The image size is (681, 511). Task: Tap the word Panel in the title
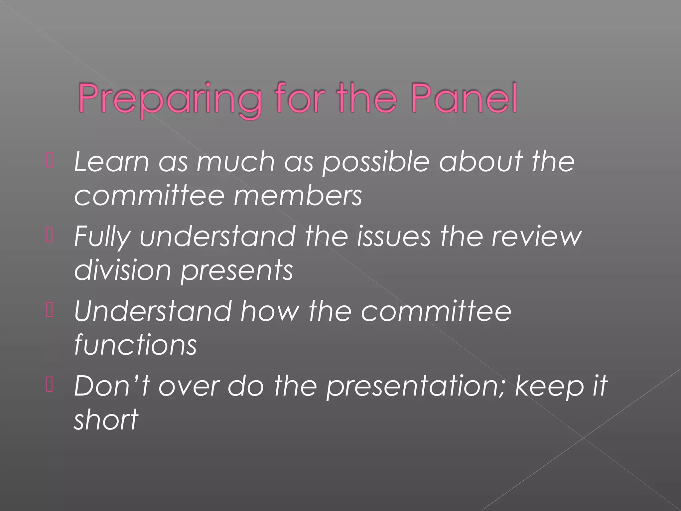[x=464, y=98]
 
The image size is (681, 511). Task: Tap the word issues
[x=394, y=236]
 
